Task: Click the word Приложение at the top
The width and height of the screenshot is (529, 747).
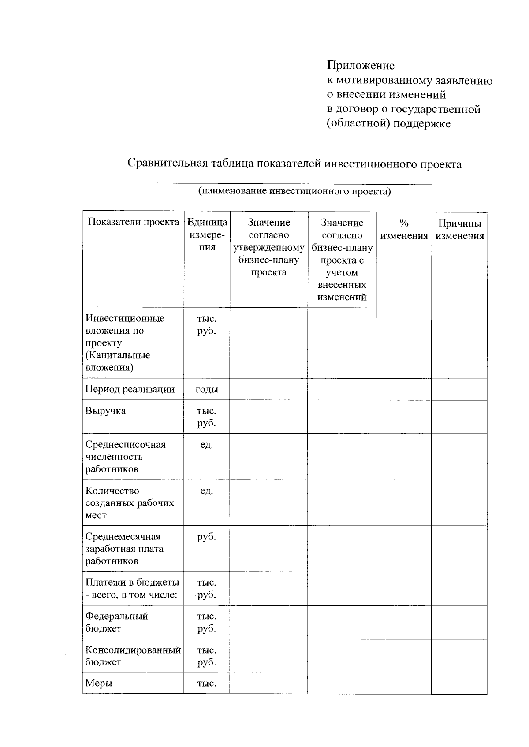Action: pos(360,66)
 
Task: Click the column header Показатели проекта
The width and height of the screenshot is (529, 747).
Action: pos(134,222)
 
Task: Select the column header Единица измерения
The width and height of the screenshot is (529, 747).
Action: pos(207,234)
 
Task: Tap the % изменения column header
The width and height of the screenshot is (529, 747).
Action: pos(404,229)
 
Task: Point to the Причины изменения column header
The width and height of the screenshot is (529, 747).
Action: pos(459,229)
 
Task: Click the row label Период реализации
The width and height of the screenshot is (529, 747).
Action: pos(130,389)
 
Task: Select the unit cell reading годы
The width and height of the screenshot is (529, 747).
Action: pos(207,389)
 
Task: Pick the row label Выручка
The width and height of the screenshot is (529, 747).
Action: pos(106,411)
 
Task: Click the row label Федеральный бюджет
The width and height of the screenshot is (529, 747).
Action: pos(116,622)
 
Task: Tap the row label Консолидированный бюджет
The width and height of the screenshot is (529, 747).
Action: pos(133,656)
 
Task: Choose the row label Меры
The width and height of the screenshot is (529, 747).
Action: pos(99,683)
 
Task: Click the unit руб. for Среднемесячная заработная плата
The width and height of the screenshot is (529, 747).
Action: pos(207,536)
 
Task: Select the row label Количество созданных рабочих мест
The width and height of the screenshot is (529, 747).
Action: pos(130,502)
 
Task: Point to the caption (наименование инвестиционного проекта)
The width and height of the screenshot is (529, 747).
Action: pos(294,191)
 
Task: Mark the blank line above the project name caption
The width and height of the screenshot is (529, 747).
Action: pos(294,183)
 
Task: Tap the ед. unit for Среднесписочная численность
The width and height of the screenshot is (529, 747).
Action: pos(207,444)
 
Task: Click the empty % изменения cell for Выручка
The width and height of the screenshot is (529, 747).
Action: pos(403,417)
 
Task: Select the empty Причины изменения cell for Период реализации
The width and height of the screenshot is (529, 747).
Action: pos(459,389)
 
